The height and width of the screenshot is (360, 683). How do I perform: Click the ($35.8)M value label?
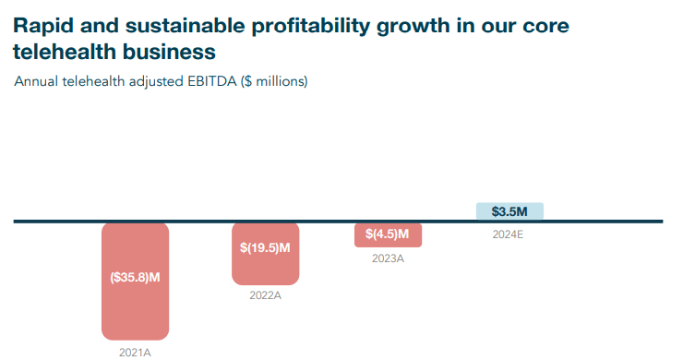pyautogui.click(x=135, y=277)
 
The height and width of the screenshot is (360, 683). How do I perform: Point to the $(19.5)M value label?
pyautogui.click(x=265, y=247)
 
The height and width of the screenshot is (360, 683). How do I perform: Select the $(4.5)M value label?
pyautogui.click(x=388, y=234)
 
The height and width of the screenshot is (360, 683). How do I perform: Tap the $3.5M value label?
pyautogui.click(x=509, y=211)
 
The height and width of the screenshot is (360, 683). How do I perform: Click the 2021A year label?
pyautogui.click(x=135, y=352)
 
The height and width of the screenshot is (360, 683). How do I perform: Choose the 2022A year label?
pyautogui.click(x=265, y=296)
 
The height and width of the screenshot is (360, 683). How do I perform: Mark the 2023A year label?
pyautogui.click(x=388, y=258)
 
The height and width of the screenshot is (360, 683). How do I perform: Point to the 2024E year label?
pyautogui.click(x=508, y=234)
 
